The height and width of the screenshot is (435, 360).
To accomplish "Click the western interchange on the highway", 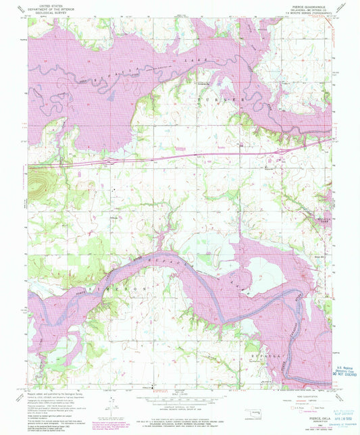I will point(108,162).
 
